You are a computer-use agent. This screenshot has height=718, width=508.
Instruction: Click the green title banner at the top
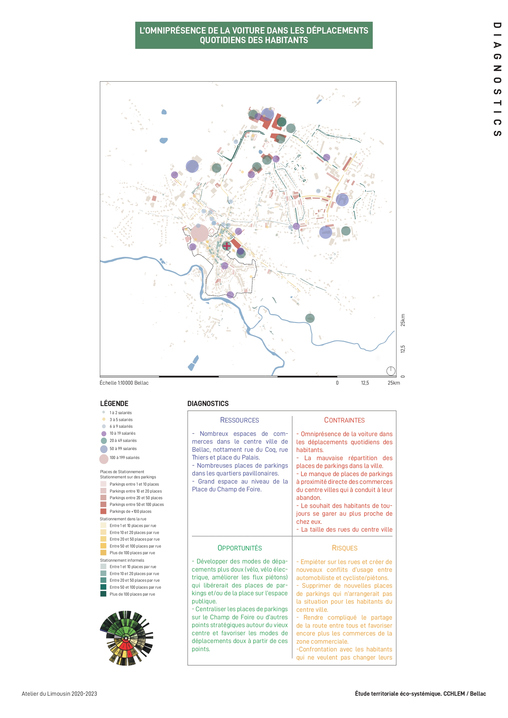tap(253, 35)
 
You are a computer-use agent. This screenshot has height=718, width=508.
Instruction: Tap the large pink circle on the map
tap(200, 233)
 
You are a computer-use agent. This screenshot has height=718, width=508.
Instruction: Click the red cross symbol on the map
tap(226, 246)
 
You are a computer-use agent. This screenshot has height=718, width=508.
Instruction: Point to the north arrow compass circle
tap(391, 371)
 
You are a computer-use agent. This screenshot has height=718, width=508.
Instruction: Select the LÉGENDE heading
tap(114, 403)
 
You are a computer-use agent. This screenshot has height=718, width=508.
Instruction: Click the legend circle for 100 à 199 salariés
tap(104, 459)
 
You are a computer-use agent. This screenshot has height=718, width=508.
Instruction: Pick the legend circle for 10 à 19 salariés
tap(104, 434)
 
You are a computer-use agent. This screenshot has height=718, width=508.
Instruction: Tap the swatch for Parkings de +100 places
tap(103, 511)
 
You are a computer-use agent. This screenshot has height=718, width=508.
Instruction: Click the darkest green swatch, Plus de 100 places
tap(103, 594)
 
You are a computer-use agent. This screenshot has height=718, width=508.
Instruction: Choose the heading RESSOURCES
tap(240, 420)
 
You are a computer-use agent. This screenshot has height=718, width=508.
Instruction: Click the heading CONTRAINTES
tap(344, 420)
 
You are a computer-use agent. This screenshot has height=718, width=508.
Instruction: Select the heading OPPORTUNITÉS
tap(240, 548)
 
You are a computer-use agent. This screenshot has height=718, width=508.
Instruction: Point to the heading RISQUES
tap(344, 548)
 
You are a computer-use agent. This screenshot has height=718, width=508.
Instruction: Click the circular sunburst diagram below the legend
tap(127, 638)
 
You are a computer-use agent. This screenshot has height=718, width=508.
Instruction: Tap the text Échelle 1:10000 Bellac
tap(124, 383)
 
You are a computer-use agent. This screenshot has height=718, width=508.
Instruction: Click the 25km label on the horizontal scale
tap(393, 383)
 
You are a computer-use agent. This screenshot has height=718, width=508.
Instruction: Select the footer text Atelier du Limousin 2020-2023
tap(59, 694)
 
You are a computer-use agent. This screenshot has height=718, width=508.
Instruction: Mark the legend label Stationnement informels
tap(122, 560)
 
